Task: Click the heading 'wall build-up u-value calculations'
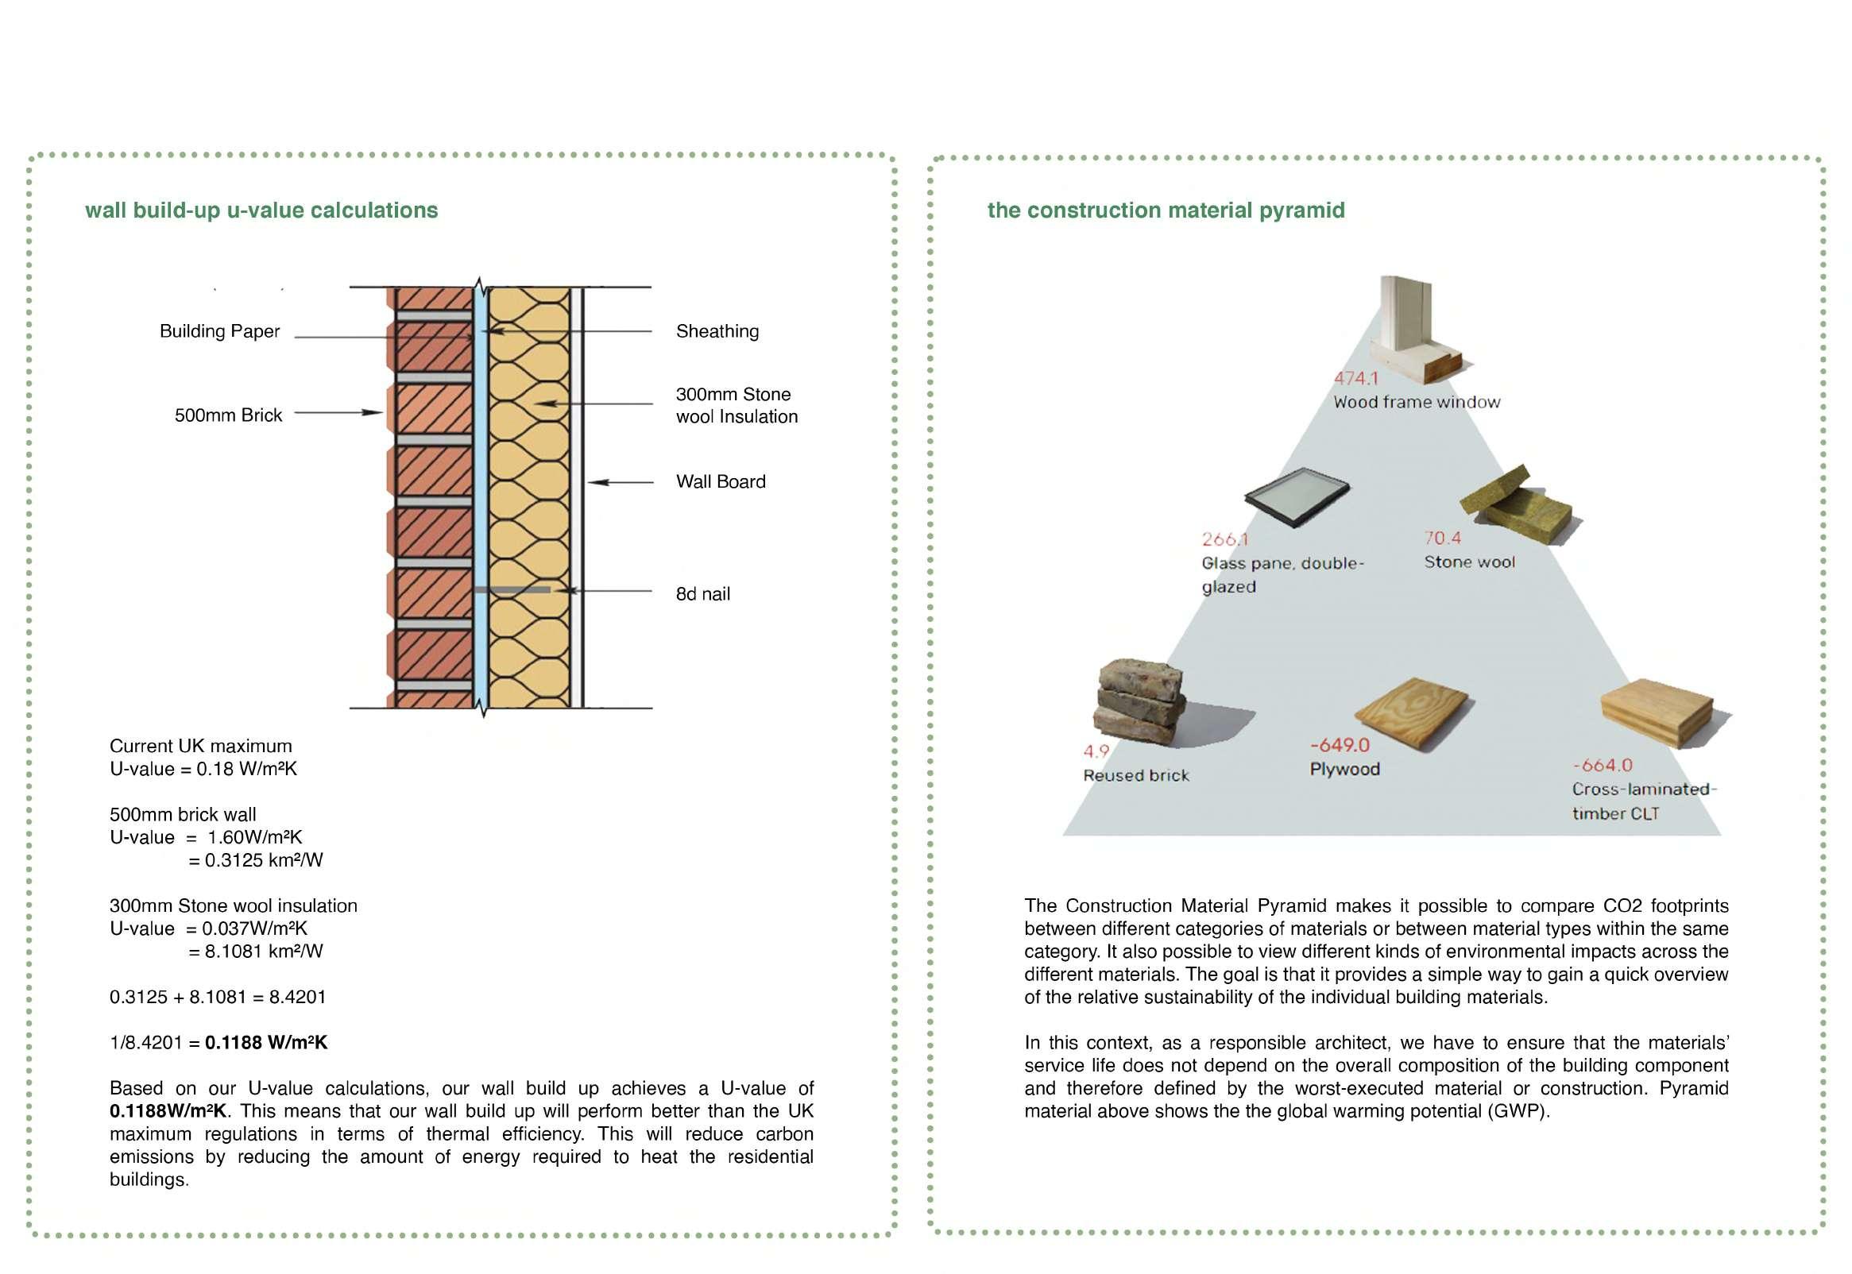coord(261,210)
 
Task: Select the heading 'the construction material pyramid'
coord(1166,210)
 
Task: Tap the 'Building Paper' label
coord(219,331)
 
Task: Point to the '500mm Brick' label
coord(228,415)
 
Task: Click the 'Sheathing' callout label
coord(717,331)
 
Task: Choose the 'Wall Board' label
coord(720,481)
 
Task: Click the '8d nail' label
coord(702,594)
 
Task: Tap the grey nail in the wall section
coord(512,590)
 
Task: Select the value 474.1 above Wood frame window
coord(1355,378)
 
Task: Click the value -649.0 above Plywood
coord(1339,745)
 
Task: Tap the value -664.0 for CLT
coord(1603,766)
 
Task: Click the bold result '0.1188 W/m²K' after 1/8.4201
coord(266,1043)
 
